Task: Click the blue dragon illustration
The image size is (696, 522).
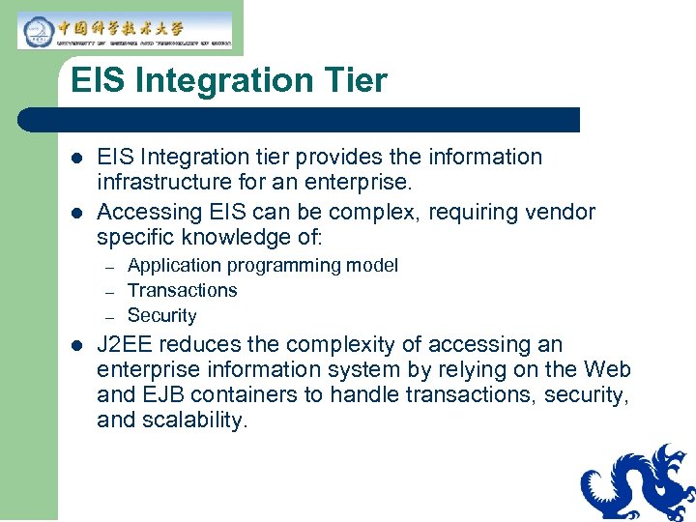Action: [637, 483]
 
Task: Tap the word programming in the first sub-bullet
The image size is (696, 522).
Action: [272, 266]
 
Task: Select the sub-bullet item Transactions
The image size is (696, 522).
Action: [182, 291]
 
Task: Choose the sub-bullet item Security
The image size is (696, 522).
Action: [161, 316]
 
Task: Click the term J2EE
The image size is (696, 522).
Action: [126, 345]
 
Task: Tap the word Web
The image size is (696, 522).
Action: [608, 370]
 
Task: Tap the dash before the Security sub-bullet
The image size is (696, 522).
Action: [110, 317]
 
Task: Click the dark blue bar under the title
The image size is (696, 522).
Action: [300, 120]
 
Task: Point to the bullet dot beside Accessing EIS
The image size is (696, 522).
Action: [77, 213]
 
